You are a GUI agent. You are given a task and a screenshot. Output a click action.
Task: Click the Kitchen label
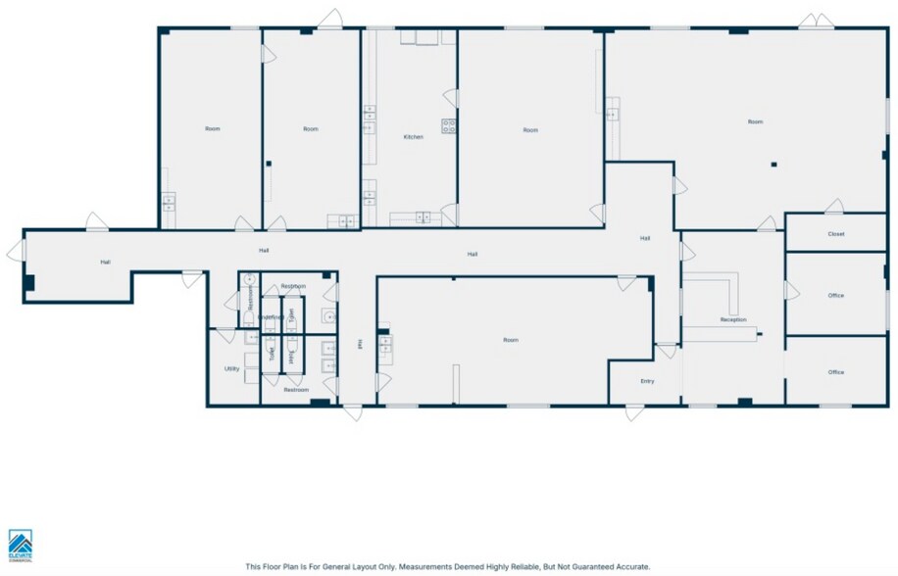[414, 137]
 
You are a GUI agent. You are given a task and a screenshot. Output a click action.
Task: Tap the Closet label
[835, 234]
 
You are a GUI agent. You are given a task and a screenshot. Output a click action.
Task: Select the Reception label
[732, 320]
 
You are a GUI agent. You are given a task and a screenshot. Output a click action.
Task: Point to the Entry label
[647, 381]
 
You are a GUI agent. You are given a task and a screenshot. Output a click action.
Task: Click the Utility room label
[232, 369]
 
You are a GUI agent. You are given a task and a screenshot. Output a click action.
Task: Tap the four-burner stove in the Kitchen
[449, 125]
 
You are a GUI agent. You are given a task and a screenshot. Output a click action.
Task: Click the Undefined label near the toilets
[272, 317]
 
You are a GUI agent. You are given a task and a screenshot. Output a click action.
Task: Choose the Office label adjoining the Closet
[835, 295]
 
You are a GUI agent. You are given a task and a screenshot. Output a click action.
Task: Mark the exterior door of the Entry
[634, 412]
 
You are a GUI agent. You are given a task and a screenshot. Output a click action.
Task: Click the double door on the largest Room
[810, 21]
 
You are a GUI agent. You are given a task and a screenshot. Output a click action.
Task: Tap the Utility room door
[226, 334]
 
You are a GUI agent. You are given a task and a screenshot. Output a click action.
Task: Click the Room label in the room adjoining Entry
[510, 340]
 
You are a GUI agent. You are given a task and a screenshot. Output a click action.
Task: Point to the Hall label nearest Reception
[645, 238]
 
